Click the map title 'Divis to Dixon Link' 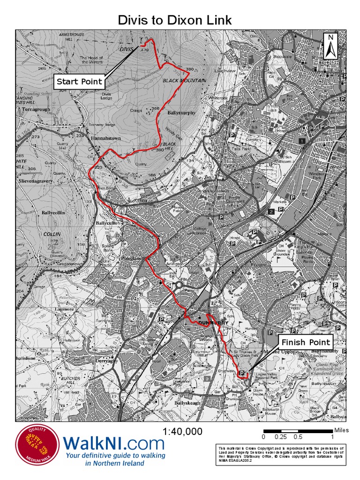[175, 20]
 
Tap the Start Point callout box [79, 82]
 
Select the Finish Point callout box [306, 342]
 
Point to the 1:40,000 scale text [182, 431]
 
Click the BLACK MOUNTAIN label [184, 81]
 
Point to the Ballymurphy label [181, 113]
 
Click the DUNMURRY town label [213, 323]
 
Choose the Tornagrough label [36, 109]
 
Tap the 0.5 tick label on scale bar [298, 437]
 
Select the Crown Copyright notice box [281, 455]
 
